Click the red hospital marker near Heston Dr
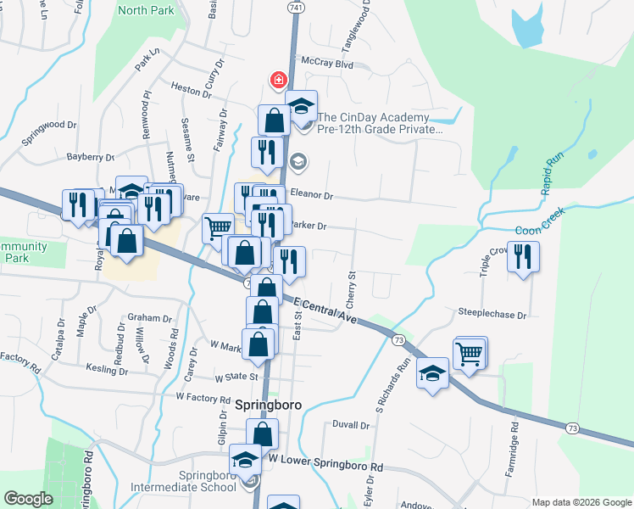277,81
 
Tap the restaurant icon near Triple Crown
523,256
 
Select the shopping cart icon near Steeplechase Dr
470,355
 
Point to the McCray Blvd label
326,64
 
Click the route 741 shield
294,7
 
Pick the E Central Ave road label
326,310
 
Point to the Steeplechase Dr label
492,314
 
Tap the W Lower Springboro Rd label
325,466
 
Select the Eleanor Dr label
313,194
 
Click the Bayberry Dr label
90,157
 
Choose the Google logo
28,499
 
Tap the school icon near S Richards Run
432,374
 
